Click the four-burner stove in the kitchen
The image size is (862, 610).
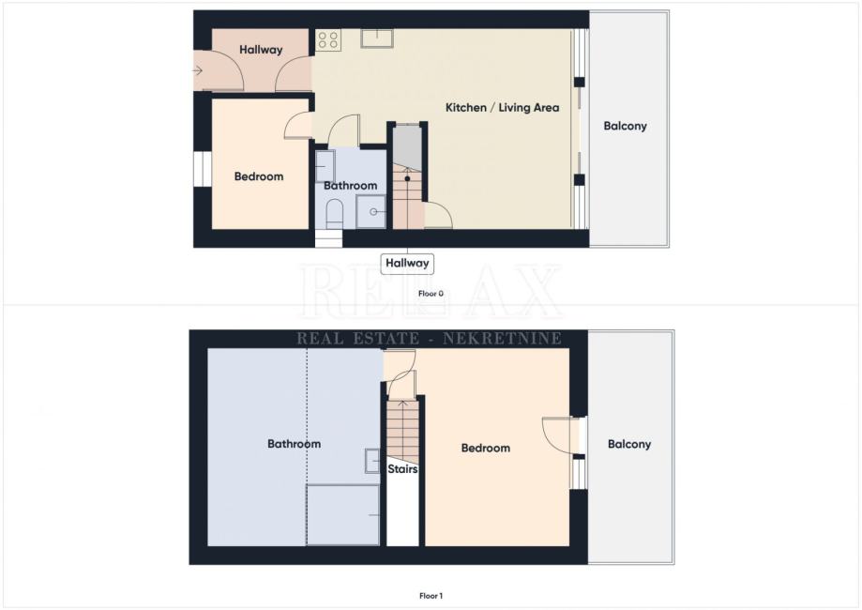pyautogui.click(x=328, y=40)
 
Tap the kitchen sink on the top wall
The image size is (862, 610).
pyautogui.click(x=376, y=38)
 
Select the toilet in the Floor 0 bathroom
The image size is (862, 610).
pyautogui.click(x=334, y=214)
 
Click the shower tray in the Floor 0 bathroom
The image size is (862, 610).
pyautogui.click(x=371, y=212)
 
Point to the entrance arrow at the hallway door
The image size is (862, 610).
pyautogui.click(x=198, y=70)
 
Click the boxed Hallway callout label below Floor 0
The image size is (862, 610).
pyautogui.click(x=407, y=264)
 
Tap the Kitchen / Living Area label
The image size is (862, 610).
pyautogui.click(x=502, y=108)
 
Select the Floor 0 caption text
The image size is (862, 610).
pyautogui.click(x=431, y=294)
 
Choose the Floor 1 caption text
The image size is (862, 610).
pyautogui.click(x=431, y=596)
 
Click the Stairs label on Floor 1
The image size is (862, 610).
pyautogui.click(x=402, y=469)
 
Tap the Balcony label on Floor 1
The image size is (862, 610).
pyautogui.click(x=628, y=445)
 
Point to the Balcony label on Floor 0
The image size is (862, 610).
pyautogui.click(x=625, y=126)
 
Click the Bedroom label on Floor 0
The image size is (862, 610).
pyautogui.click(x=259, y=176)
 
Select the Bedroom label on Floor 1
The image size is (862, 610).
pyautogui.click(x=486, y=449)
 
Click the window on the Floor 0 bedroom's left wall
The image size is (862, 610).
pyautogui.click(x=203, y=169)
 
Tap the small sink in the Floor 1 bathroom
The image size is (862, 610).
pyautogui.click(x=372, y=461)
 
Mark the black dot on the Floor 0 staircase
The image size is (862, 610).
pyautogui.click(x=407, y=178)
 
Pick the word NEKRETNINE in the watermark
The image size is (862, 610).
pyautogui.click(x=502, y=338)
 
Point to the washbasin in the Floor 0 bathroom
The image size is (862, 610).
pyautogui.click(x=325, y=166)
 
